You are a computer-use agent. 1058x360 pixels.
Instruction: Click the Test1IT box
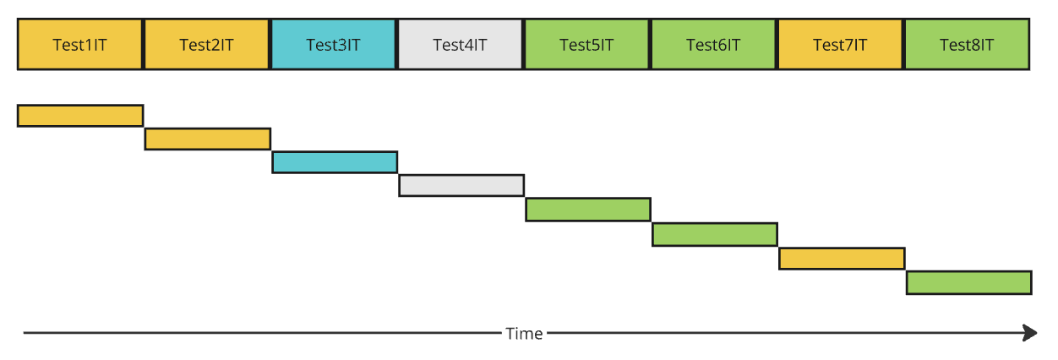point(80,45)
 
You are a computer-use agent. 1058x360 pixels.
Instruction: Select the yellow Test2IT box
point(207,45)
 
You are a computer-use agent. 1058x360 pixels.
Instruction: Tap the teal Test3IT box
point(334,45)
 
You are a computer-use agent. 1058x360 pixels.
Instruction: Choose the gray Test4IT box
point(461,45)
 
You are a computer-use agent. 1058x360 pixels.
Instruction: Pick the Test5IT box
point(587,45)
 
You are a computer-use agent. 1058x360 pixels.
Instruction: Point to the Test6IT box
point(714,45)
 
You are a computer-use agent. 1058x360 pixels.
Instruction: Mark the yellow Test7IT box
point(841,45)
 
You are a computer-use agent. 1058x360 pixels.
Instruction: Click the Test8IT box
point(967,45)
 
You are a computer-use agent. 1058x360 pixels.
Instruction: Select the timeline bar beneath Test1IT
point(80,116)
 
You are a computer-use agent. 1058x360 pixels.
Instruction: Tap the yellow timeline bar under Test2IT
point(208,139)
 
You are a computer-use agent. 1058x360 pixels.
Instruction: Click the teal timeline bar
point(335,162)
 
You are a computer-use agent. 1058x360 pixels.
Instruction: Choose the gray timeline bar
point(461,185)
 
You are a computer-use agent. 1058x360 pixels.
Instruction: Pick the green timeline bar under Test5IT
point(588,209)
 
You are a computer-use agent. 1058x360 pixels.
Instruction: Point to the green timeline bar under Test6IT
point(715,234)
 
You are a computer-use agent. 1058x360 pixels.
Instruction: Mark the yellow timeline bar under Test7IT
point(842,258)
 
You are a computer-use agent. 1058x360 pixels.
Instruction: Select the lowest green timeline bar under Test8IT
point(969,282)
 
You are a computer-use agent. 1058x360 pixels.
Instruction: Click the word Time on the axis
point(524,334)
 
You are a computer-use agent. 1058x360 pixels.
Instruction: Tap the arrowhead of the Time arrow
point(1030,333)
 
